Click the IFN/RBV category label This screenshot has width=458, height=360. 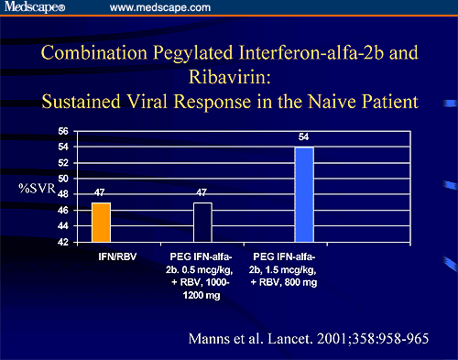coord(102,252)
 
